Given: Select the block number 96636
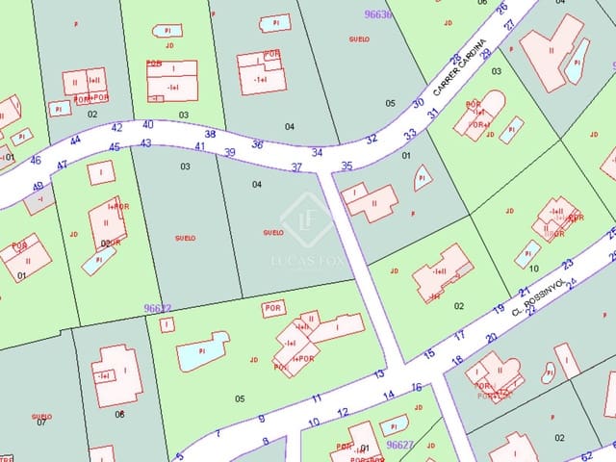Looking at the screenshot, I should pos(378,14).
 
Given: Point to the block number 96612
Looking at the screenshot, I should pos(157,308).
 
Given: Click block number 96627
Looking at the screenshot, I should pos(399,446).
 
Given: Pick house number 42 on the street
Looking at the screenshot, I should pos(117,127).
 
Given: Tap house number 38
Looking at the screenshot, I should pos(210,134).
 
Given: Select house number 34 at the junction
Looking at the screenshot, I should pos(317,152).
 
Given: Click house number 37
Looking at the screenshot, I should pos(296,167).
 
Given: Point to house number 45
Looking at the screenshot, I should pos(115,147).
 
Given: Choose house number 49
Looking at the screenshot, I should pos(38,186).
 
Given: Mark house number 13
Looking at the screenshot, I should pos(379,373).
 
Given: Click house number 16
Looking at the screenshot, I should pos(417,387).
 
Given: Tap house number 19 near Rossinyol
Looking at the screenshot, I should pos(499,309).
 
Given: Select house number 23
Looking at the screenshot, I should pos(567,264).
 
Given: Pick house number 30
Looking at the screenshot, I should pos(418,103).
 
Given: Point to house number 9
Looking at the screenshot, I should pos(261,419).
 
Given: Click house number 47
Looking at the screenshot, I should pos(62,166).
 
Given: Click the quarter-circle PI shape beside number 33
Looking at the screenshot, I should pos(422,176).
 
